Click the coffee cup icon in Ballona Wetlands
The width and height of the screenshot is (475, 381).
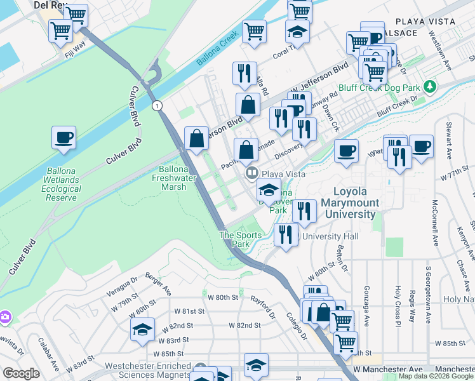coord(64,138)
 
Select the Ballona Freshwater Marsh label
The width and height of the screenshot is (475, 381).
coord(182,178)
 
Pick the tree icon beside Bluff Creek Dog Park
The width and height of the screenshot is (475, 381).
coord(430,85)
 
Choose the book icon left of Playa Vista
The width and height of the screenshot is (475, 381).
coord(251,173)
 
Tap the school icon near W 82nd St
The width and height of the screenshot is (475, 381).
coord(143,329)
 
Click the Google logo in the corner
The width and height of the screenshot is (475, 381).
coord(21,373)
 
